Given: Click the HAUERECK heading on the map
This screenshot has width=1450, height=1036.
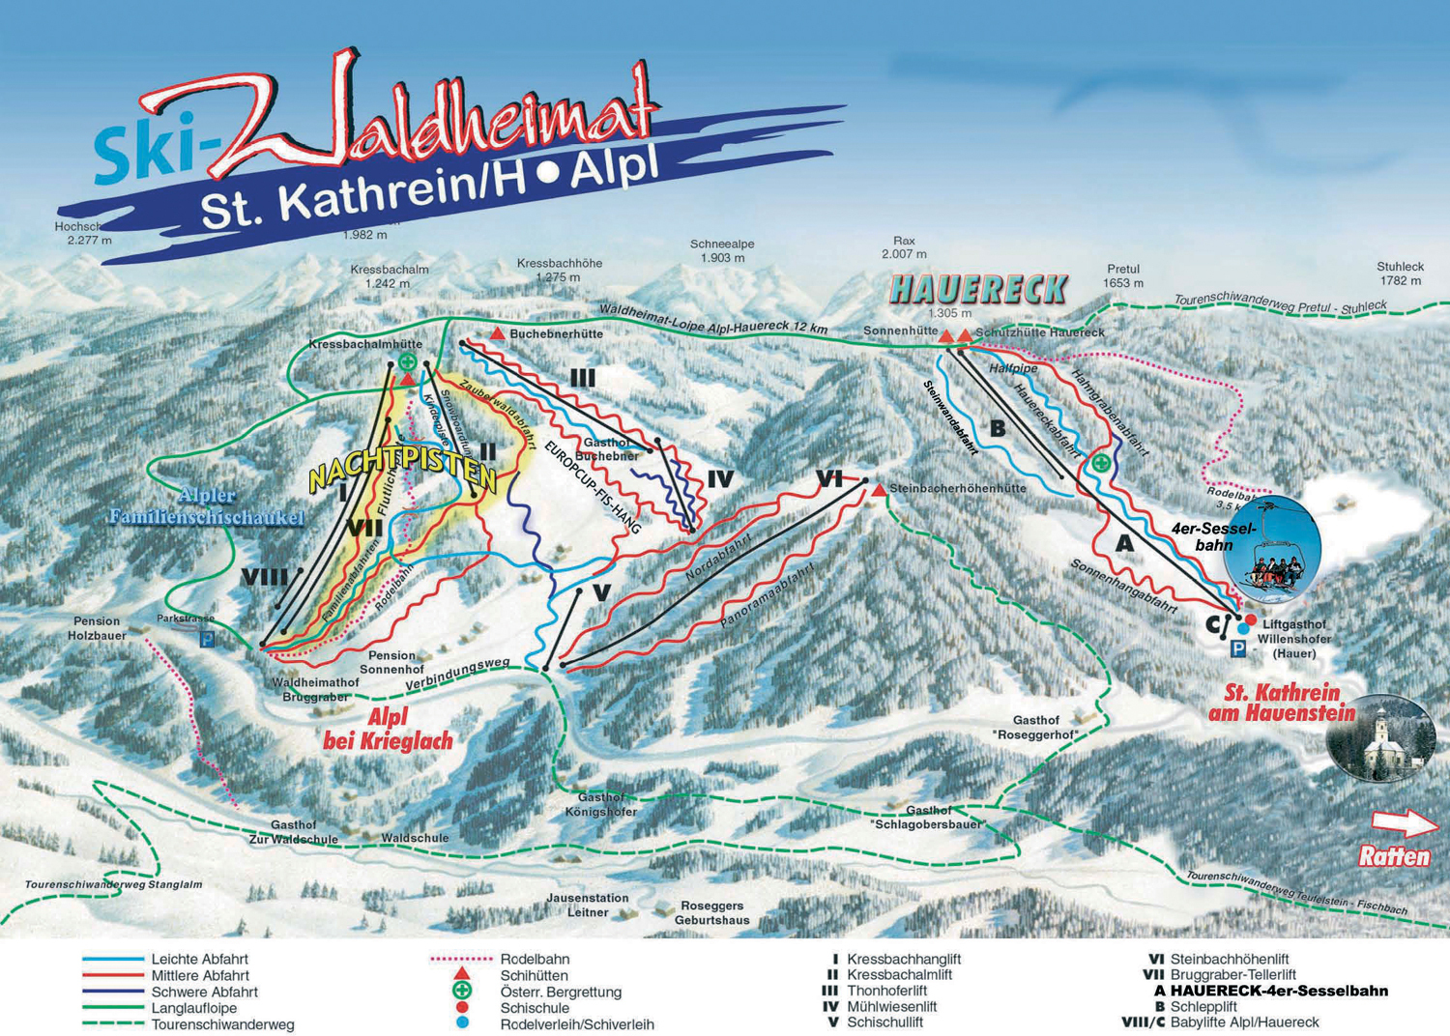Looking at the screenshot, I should coord(978,289).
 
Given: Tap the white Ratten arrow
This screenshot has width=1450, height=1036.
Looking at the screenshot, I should coord(1405,822).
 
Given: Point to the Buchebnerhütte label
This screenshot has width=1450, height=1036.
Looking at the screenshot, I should coord(556,334).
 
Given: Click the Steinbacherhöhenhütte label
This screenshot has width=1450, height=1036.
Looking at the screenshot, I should coord(957,489).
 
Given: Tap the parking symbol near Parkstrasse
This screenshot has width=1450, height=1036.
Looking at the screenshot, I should coord(207,639).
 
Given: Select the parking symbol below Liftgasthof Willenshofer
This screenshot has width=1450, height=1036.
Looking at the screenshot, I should coord(1237,650).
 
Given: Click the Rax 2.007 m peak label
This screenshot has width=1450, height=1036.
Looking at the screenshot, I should coord(904,247).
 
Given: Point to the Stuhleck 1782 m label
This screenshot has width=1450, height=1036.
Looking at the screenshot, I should coord(1401,273).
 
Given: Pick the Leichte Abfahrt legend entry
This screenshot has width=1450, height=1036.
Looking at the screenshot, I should coord(199,960).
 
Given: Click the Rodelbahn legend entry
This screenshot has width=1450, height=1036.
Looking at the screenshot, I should coord(535,960).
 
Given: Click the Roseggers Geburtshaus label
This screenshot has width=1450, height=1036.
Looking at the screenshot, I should coord(712,913).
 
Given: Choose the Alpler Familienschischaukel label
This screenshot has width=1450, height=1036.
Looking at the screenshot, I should coord(206,506).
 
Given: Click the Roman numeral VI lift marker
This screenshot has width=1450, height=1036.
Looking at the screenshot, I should coord(828,478).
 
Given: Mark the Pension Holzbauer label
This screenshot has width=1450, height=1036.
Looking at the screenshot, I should coord(97,628).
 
